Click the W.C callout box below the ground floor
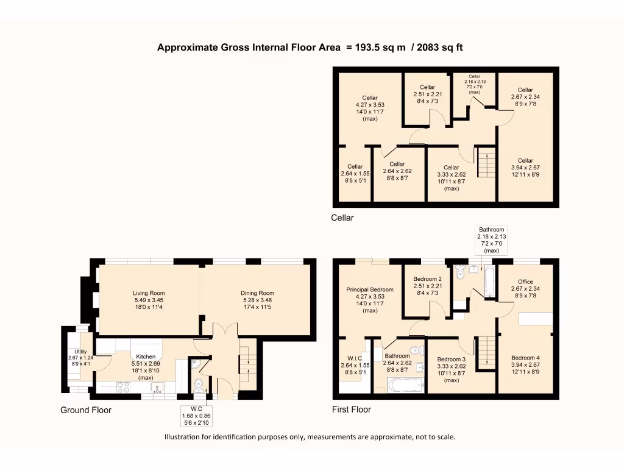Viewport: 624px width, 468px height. coord(197,416)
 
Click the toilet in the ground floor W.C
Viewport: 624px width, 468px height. coord(198,385)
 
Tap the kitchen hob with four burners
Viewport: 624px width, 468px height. coord(123,387)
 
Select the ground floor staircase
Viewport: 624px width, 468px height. coord(247,365)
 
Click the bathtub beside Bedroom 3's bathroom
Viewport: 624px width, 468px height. coord(406,385)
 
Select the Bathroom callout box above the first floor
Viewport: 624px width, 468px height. coord(492,240)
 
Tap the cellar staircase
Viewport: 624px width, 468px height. coord(486,162)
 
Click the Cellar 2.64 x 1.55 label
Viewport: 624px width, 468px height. coord(355,174)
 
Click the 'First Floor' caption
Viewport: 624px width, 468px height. coord(352,409)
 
